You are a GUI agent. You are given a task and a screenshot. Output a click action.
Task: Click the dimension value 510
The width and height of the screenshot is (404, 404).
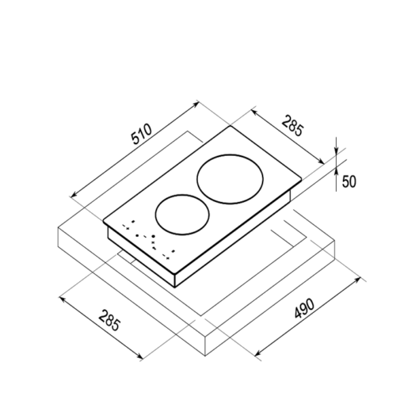coord(142,134)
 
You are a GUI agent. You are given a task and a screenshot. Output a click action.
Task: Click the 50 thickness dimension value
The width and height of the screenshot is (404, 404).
coord(349,181)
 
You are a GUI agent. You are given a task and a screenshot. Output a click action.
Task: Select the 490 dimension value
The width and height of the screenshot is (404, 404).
coord(304,308)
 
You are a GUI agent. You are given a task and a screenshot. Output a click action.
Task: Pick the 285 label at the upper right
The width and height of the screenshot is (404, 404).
coord(293,127)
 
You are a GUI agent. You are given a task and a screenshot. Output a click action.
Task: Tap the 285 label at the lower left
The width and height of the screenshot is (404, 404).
coord(109,320)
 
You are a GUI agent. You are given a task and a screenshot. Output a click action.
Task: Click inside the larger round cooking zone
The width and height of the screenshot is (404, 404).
coord(230,179)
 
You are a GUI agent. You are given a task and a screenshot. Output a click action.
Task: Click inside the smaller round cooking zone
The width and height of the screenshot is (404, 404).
coord(182,214)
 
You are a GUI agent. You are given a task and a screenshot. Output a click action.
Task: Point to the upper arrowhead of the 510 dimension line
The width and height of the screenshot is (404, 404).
coord(196,104)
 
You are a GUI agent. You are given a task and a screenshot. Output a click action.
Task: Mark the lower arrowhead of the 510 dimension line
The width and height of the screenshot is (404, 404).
coord(74,195)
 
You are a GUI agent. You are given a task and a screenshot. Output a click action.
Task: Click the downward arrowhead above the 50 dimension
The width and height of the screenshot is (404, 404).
coord(336,151)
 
